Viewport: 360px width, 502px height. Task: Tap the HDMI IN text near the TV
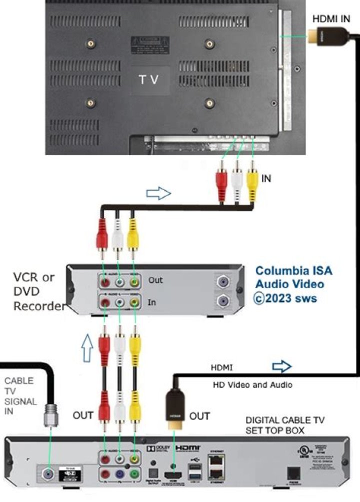click(331, 19)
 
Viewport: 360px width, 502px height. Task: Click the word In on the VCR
click(152, 302)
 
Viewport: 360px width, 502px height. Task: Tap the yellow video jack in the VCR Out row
click(134, 282)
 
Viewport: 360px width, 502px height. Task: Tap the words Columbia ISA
click(293, 271)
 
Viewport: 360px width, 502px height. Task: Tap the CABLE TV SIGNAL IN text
click(19, 395)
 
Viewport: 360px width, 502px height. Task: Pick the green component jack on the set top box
click(134, 473)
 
